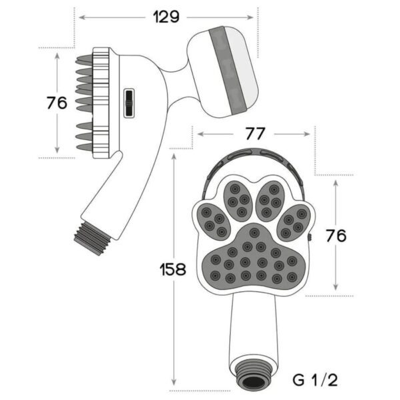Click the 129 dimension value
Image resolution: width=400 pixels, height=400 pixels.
point(166,17)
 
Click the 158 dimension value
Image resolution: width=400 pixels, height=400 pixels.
point(173,269)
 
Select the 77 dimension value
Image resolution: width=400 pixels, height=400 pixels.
point(255,134)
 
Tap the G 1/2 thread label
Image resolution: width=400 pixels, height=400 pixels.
point(315,380)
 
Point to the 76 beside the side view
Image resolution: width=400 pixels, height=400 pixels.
point(57,103)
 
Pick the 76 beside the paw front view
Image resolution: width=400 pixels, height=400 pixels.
point(336,235)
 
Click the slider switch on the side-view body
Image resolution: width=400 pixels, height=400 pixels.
point(129,103)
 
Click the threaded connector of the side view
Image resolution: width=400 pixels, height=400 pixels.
point(93,238)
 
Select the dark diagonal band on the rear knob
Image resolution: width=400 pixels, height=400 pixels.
point(227,69)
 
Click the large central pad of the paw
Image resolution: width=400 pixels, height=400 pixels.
point(253,257)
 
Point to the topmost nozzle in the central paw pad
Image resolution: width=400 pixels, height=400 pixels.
point(254,233)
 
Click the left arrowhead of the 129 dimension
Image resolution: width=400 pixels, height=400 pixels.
point(82,17)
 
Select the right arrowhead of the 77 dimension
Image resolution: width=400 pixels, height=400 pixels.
point(307,134)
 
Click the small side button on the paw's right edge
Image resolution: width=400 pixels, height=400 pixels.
point(310,238)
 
